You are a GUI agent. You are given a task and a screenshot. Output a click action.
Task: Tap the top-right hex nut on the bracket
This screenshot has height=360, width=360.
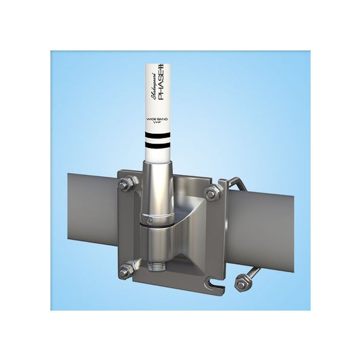pos(211,193)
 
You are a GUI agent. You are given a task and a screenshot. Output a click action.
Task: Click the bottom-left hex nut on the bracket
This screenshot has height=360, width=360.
pos(126,271)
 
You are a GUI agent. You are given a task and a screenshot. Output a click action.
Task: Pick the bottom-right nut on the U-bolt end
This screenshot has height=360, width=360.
pos(241,284)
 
